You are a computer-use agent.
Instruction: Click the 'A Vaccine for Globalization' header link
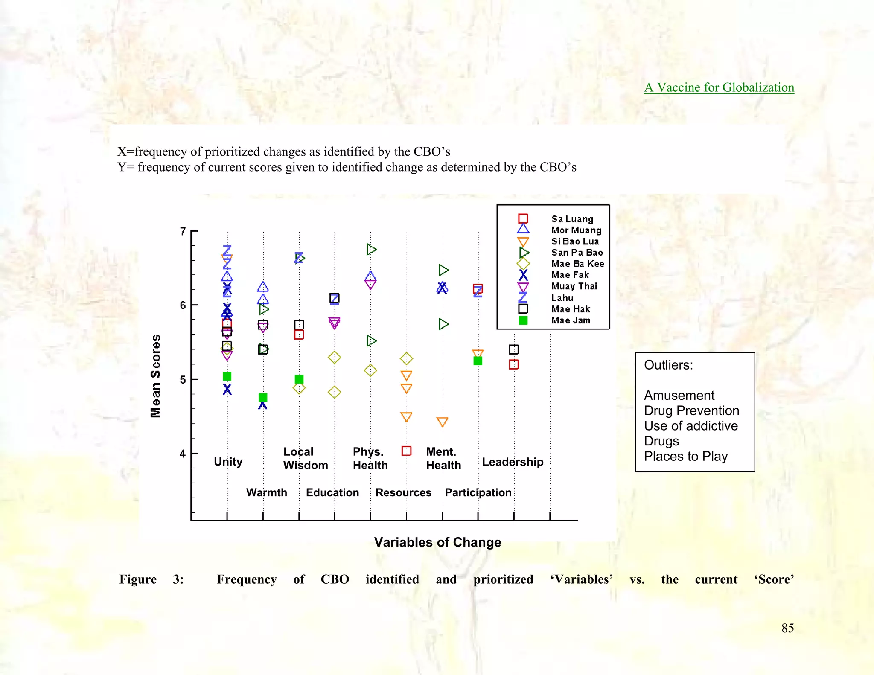[x=719, y=87]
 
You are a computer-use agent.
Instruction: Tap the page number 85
[x=787, y=628]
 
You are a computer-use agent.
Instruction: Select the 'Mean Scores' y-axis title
[x=156, y=375]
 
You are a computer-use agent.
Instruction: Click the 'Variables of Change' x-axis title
[x=437, y=542]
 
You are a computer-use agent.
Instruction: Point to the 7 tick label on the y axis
[x=183, y=232]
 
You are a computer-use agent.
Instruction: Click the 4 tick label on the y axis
[x=183, y=454]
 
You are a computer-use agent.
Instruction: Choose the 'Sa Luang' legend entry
[x=572, y=219]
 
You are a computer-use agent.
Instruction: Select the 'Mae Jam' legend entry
[x=571, y=320]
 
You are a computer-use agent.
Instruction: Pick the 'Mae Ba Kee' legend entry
[x=577, y=264]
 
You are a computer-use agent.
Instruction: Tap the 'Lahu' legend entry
[x=562, y=298]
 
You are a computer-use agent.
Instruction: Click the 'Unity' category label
[x=228, y=462]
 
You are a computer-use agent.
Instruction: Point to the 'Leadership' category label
[x=513, y=462]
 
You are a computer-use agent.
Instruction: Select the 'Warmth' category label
[x=266, y=492]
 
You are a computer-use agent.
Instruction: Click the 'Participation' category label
[x=478, y=492]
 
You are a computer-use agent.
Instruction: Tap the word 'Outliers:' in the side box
[x=668, y=365]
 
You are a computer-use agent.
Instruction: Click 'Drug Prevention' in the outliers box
[x=691, y=410]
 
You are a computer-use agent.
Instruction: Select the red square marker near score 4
[x=406, y=451]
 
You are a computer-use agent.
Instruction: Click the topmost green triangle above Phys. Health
[x=371, y=250]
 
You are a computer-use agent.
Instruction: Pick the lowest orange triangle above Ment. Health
[x=443, y=422]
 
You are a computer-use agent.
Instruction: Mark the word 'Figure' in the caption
[x=138, y=579]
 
